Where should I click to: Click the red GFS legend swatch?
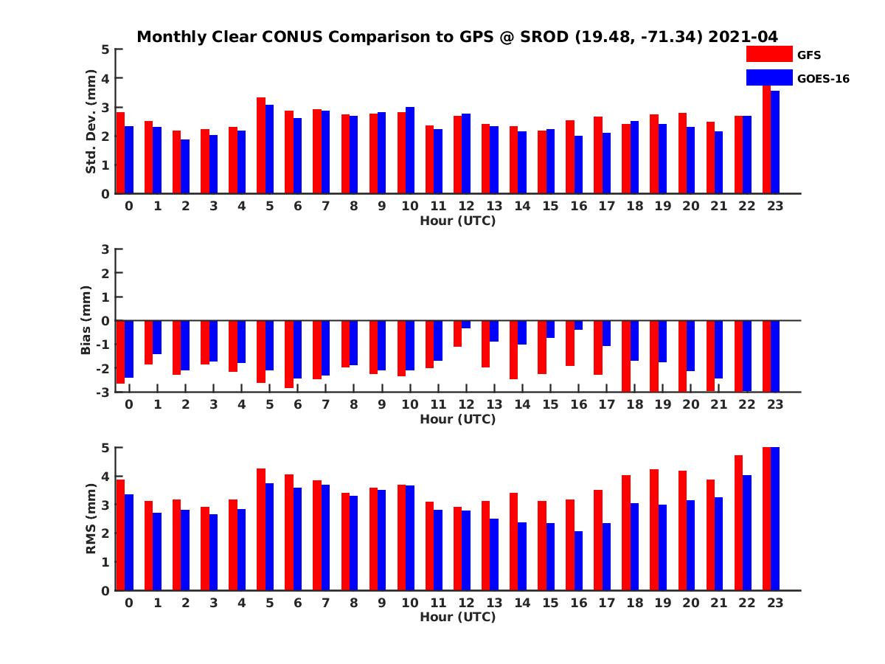coord(769,54)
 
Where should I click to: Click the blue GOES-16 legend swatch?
coord(769,77)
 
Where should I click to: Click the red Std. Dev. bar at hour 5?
coord(261,145)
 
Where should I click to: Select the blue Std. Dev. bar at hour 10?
coord(410,151)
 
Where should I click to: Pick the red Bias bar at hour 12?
coord(457,333)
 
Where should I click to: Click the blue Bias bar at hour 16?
coord(578,325)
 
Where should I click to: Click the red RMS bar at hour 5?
coord(261,529)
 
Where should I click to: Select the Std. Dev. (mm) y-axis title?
coord(91,122)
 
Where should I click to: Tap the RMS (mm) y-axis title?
coord(91,519)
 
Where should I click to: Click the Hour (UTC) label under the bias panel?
coord(457,419)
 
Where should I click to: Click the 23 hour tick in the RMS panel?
coord(774,602)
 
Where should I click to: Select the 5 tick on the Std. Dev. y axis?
coord(106,49)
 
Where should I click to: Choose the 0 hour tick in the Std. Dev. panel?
coord(129,206)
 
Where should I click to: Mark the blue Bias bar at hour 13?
coord(494,331)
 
